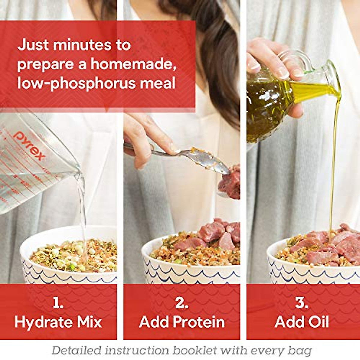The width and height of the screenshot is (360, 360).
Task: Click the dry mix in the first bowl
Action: pyautogui.click(x=72, y=255)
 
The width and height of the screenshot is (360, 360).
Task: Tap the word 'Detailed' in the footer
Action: pyautogui.click(x=76, y=350)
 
